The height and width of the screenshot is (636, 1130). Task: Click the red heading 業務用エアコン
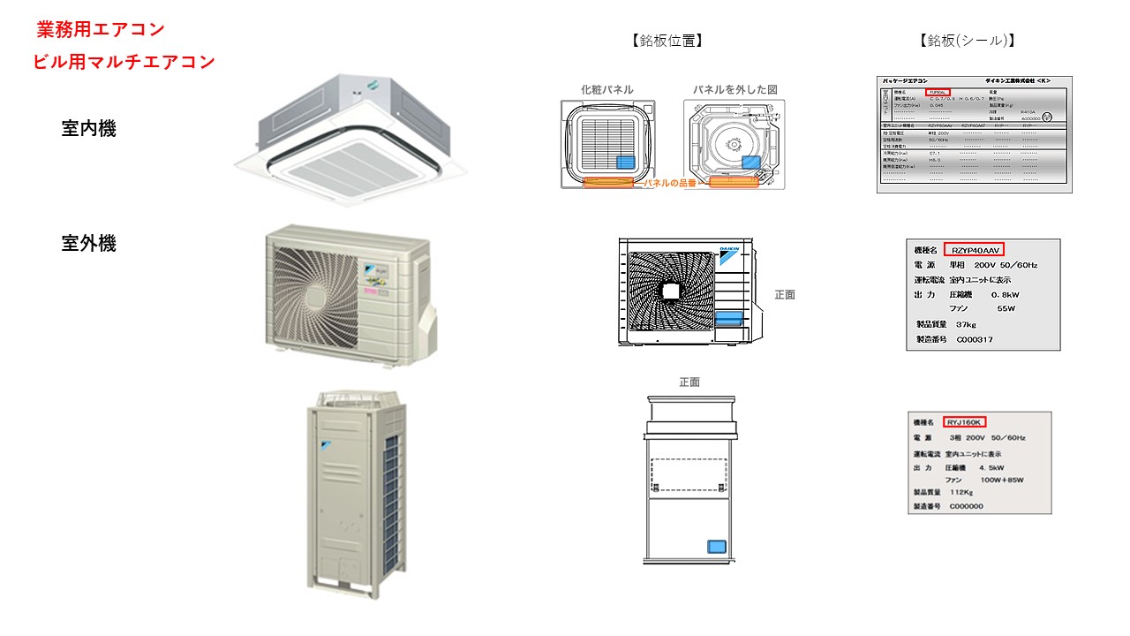tap(101, 29)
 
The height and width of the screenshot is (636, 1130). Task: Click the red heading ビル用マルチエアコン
tap(124, 62)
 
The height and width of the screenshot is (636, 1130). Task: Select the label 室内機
tap(88, 129)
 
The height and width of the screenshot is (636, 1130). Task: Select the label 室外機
tap(88, 244)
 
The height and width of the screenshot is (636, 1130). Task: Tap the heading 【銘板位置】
tap(667, 41)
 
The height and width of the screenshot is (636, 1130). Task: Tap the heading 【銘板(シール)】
tap(967, 41)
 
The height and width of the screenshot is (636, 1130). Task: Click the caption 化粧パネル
tap(606, 90)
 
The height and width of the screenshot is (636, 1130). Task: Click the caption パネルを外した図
tap(734, 90)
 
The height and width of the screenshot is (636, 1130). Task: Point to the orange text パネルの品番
tap(671, 183)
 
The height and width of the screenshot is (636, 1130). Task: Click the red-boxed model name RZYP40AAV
tap(974, 249)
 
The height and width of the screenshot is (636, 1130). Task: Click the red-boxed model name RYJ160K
tap(964, 422)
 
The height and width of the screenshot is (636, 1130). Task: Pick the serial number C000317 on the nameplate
tap(968, 339)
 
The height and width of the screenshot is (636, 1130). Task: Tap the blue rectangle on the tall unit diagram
tap(717, 547)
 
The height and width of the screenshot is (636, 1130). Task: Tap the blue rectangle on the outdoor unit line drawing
tap(729, 318)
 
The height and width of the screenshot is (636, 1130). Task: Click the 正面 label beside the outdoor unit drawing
tap(784, 295)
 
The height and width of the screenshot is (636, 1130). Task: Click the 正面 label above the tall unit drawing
tap(689, 382)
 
